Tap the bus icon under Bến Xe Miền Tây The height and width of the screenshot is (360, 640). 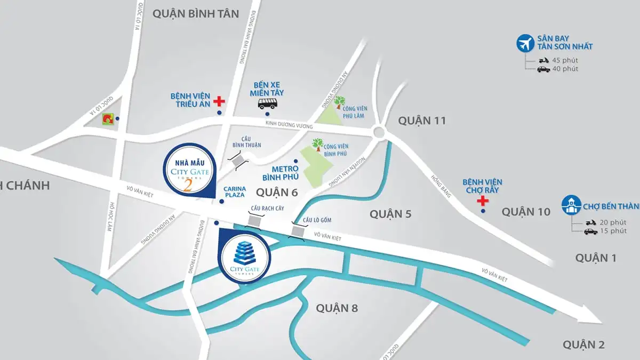click(267, 103)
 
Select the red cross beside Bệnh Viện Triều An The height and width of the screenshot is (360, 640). click(218, 101)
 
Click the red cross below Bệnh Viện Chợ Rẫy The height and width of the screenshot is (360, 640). click(483, 201)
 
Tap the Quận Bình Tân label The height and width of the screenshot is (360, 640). click(196, 14)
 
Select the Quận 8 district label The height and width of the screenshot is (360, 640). click(337, 308)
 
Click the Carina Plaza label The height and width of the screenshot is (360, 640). click(235, 192)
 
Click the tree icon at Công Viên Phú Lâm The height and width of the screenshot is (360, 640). click(339, 101)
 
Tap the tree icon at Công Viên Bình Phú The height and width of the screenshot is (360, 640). click(318, 145)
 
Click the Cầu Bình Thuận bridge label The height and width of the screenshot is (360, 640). click(242, 142)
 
